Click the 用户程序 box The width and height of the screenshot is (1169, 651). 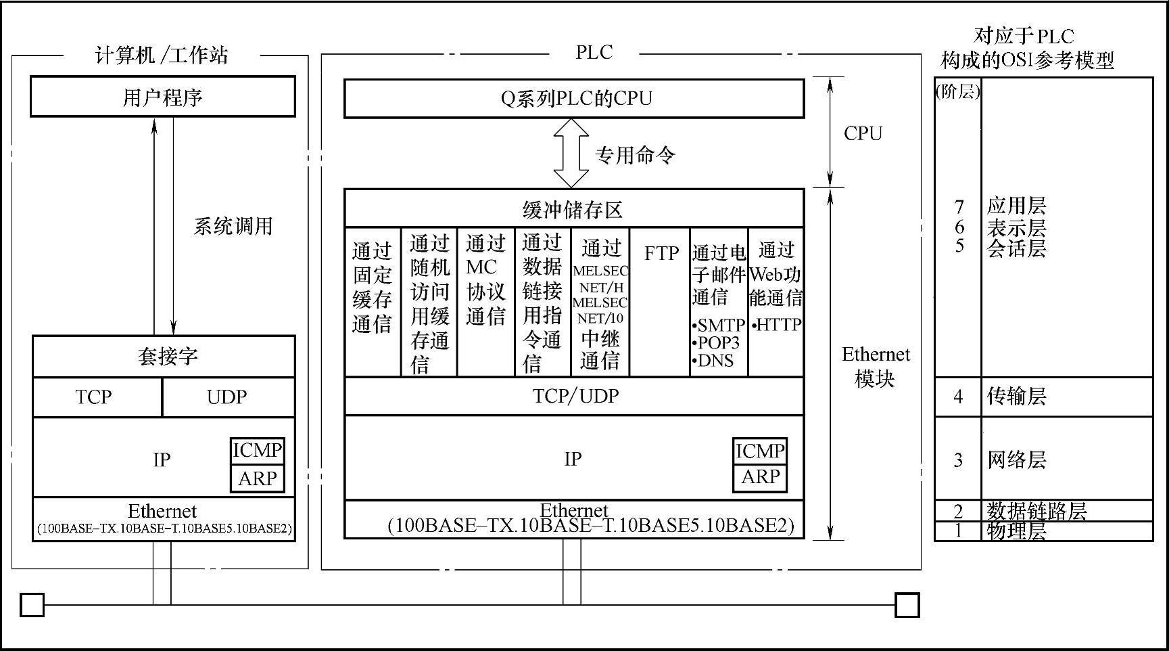pyautogui.click(x=163, y=97)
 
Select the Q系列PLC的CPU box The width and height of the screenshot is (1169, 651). pyautogui.click(x=574, y=99)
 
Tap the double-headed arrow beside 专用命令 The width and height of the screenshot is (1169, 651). pyautogui.click(x=571, y=153)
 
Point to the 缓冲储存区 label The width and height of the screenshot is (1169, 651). pyautogui.click(x=573, y=210)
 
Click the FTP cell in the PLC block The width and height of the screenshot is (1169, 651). pyautogui.click(x=661, y=254)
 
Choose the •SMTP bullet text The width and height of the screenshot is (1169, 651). pyautogui.click(x=719, y=325)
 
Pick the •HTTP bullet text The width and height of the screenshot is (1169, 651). pyautogui.click(x=776, y=325)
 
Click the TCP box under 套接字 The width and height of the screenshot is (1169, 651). pyautogui.click(x=95, y=397)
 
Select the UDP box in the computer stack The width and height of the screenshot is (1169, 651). pyautogui.click(x=227, y=397)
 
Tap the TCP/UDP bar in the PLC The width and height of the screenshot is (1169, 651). pyautogui.click(x=575, y=396)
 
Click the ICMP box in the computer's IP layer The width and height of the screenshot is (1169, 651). pyautogui.click(x=257, y=451)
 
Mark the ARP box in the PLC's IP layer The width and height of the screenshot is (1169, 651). pyautogui.click(x=760, y=477)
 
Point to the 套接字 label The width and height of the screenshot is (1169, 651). pyautogui.click(x=167, y=356)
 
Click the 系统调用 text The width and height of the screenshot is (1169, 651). pyautogui.click(x=233, y=226)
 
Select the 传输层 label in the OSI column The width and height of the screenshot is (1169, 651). pyautogui.click(x=1016, y=396)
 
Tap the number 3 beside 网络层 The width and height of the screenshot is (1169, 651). pyautogui.click(x=958, y=460)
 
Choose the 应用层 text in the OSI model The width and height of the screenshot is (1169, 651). pyautogui.click(x=1016, y=206)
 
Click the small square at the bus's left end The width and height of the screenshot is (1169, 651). pyautogui.click(x=32, y=605)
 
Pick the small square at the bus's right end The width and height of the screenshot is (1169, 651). pyautogui.click(x=907, y=605)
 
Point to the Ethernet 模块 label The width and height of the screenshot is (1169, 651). pyautogui.click(x=875, y=366)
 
